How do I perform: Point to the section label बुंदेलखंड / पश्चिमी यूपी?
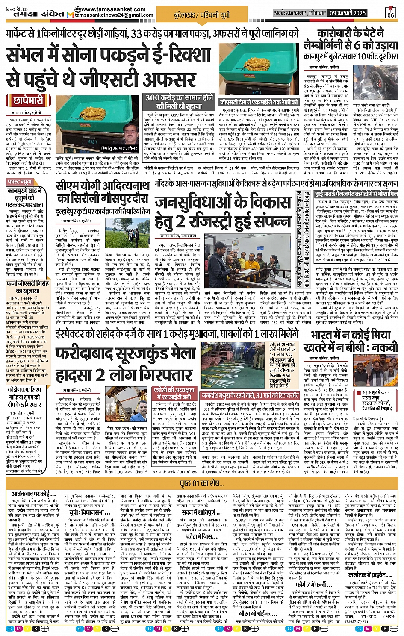click(202, 15)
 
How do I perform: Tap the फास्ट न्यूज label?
click(20, 182)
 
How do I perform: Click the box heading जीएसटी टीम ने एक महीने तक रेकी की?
click(259, 102)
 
